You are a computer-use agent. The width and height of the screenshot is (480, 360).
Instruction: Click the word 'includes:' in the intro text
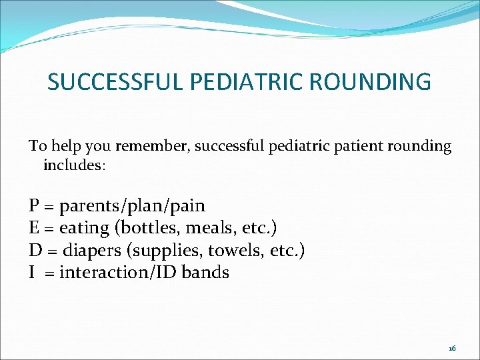(74, 165)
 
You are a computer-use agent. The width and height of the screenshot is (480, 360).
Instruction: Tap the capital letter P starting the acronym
(33, 206)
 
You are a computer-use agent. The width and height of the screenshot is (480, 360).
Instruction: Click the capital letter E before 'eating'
(33, 228)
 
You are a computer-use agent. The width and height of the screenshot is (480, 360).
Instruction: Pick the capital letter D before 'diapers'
(34, 251)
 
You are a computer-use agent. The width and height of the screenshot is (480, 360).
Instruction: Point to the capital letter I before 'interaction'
(32, 273)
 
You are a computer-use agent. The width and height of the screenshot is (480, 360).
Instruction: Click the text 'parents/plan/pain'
(132, 207)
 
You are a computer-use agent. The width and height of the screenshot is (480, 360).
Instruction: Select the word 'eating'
(84, 229)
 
